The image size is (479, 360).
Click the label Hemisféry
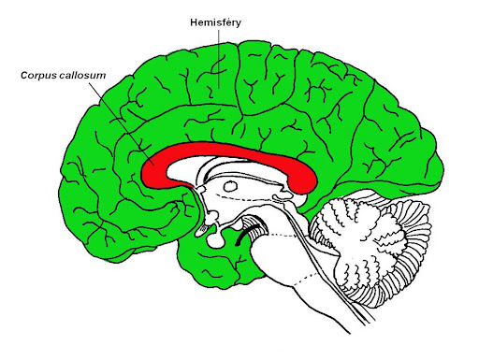coord(215,23)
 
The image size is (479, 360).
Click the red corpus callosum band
coord(229,151)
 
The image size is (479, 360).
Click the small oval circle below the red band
coord(231,186)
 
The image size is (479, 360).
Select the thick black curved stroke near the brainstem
coord(246,233)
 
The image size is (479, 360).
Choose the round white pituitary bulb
coord(215,239)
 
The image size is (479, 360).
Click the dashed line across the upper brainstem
coord(283,235)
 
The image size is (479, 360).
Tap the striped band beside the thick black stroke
coord(254,226)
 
